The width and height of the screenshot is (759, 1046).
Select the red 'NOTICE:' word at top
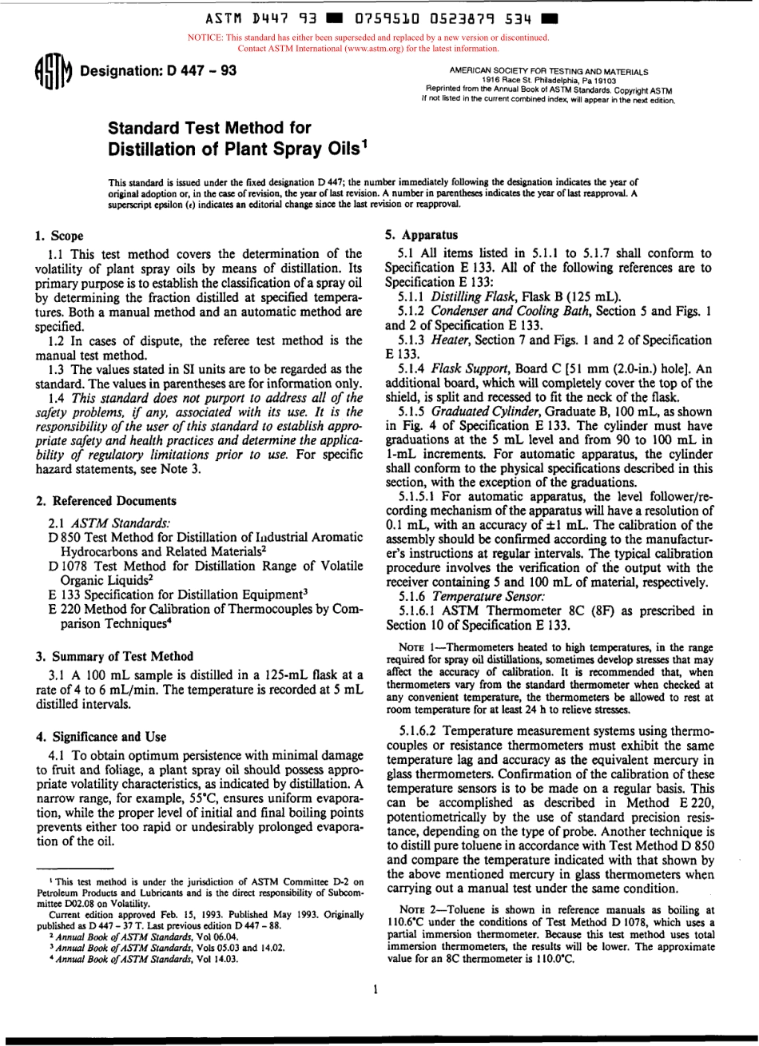(205, 38)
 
